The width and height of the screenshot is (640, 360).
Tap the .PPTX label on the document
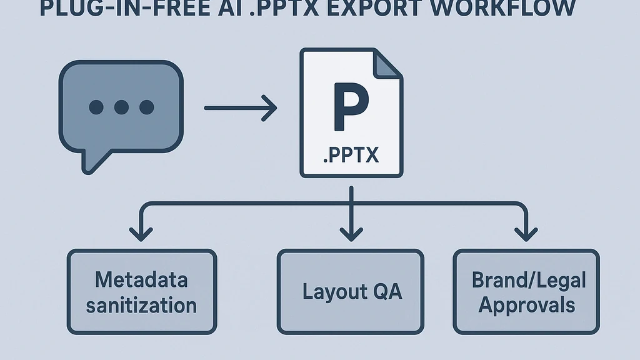coord(351,154)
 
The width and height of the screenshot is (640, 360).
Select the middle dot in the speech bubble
coord(121,107)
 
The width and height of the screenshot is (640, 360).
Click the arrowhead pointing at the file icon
coord(269,108)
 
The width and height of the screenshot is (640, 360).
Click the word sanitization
coord(141,306)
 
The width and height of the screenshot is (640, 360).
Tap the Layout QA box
coord(350,292)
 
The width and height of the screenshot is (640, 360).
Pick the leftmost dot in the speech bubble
coord(96,107)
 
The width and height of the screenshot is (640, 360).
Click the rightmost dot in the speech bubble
coord(146,107)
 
